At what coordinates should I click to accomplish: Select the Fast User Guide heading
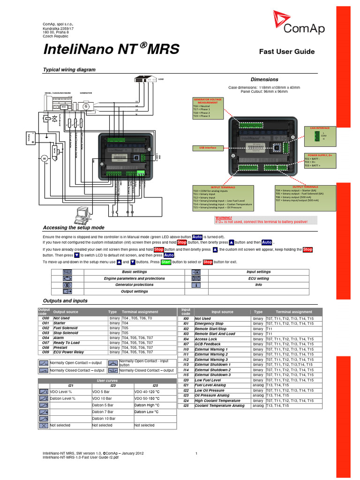coord(287,52)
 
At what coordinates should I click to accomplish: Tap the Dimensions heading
coord(264,80)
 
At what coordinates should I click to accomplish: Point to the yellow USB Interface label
coord(204,148)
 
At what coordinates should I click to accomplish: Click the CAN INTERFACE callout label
coord(320,127)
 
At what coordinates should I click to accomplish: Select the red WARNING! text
coord(224,218)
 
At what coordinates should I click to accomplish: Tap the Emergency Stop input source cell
coord(209,323)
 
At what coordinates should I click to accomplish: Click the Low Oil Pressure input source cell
coord(210,390)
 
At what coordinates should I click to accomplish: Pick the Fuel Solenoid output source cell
coord(66,328)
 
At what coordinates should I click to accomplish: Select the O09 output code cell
coord(45,352)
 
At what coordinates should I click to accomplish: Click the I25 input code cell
coord(186,406)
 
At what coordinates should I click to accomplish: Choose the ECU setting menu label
coord(258,278)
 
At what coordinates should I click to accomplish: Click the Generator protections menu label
coord(134,285)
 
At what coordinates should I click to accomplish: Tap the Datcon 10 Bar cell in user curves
coord(104,419)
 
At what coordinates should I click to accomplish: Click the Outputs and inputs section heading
coord(65,301)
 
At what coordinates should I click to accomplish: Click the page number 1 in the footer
coord(196,453)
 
